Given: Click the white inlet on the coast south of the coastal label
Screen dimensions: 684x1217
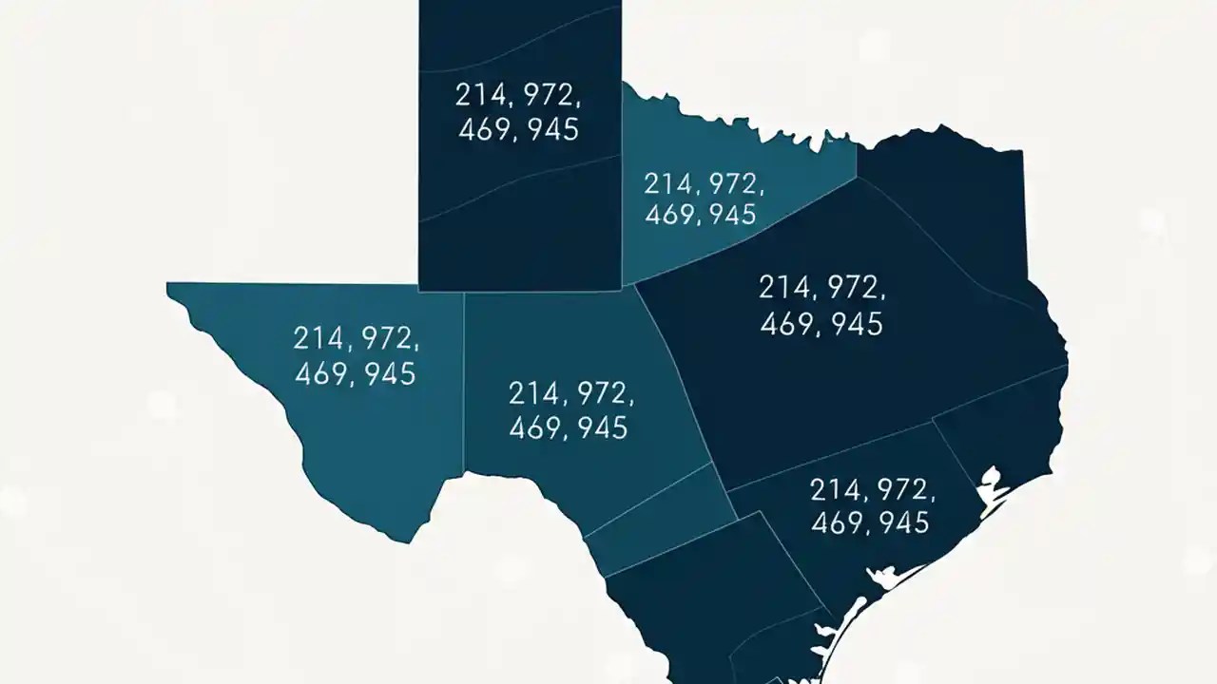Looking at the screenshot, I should click(x=889, y=576).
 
